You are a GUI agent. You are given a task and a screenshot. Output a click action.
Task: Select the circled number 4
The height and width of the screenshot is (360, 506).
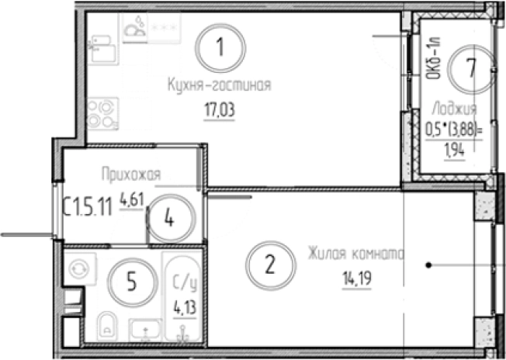(x=168, y=217)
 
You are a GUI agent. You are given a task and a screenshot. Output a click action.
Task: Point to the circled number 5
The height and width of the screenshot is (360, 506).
(x=130, y=283)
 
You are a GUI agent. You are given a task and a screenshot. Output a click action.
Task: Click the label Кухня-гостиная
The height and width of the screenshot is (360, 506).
(x=220, y=86)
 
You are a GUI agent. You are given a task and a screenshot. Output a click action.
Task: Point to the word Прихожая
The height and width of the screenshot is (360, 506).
(x=130, y=176)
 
